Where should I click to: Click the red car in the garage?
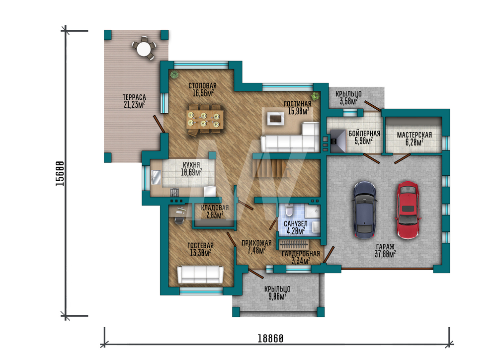(x=408, y=210)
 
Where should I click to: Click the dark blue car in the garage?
(x=365, y=210)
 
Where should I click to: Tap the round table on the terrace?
(x=144, y=49)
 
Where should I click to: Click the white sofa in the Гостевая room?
(x=200, y=275)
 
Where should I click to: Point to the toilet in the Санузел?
(x=289, y=210)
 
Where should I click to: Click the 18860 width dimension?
(x=270, y=339)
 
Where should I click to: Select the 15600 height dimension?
(x=60, y=173)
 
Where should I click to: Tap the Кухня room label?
(x=191, y=169)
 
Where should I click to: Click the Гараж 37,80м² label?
(x=385, y=250)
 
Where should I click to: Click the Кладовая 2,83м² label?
(x=215, y=212)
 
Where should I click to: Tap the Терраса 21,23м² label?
(x=134, y=101)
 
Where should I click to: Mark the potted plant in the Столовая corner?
(x=174, y=74)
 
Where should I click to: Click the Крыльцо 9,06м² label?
(x=277, y=292)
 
